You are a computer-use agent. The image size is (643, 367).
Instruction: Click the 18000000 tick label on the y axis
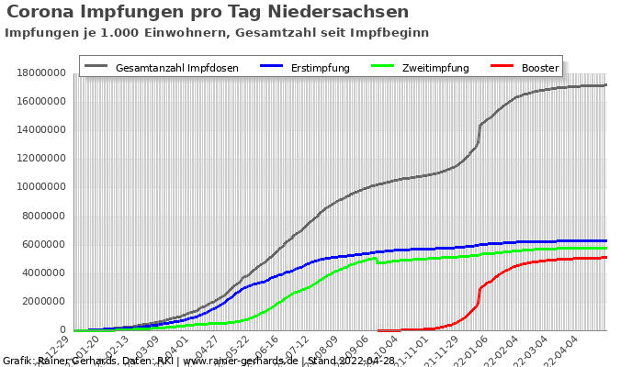click(36, 72)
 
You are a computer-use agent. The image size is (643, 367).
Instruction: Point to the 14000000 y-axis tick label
click(36, 129)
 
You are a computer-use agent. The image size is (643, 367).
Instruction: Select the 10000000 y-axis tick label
click(36, 187)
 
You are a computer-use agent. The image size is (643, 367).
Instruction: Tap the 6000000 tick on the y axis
click(39, 244)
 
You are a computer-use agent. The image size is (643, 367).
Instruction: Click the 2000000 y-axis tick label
click(39, 302)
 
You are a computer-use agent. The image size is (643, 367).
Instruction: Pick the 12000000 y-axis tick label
click(36, 158)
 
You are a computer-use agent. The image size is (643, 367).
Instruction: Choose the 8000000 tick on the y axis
click(39, 216)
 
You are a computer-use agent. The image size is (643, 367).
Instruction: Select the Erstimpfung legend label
click(320, 68)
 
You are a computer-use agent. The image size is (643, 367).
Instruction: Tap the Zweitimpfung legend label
click(434, 68)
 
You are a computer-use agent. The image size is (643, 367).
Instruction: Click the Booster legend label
click(540, 68)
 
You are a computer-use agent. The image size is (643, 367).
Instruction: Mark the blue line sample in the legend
click(273, 67)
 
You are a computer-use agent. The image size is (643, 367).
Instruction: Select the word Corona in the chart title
click(42, 12)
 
